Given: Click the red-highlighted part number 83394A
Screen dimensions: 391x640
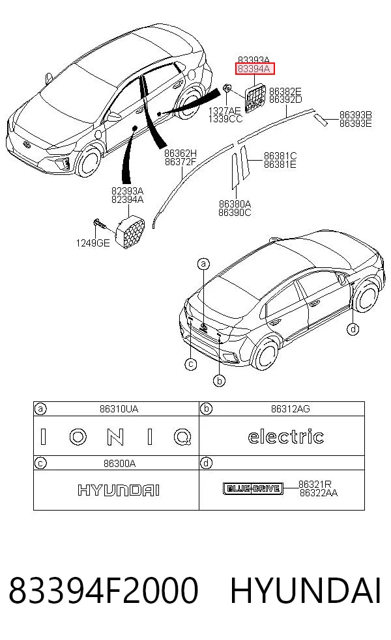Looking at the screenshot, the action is click(254, 69).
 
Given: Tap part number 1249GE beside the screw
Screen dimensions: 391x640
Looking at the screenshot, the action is click(93, 243).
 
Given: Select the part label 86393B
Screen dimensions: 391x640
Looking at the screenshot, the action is click(355, 115).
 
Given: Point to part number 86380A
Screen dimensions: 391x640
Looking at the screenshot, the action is click(235, 204).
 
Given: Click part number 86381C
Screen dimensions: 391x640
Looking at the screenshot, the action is click(280, 156).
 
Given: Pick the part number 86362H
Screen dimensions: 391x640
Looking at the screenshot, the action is click(181, 153).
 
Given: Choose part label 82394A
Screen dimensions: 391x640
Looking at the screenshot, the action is click(127, 200).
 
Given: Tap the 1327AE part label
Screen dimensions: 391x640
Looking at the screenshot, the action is click(225, 111).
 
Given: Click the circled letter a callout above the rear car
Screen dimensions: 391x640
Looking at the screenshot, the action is click(203, 264).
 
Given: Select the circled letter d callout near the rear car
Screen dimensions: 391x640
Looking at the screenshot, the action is click(353, 329).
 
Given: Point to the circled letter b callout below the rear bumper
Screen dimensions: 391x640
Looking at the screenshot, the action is click(220, 381).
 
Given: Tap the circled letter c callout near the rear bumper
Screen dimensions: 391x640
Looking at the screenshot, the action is click(190, 364).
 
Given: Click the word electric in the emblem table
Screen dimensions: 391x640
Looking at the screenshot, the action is click(286, 436).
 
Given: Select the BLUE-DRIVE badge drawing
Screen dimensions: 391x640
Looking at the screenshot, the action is click(253, 488).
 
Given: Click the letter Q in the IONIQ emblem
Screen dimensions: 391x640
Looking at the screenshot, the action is click(182, 437).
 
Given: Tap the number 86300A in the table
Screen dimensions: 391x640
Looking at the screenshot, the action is click(119, 464).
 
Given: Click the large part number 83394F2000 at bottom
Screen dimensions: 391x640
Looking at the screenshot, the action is click(104, 590).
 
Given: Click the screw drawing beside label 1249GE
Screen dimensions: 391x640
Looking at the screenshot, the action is click(99, 224).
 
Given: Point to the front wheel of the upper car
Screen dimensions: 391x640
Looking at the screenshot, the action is click(89, 163).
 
